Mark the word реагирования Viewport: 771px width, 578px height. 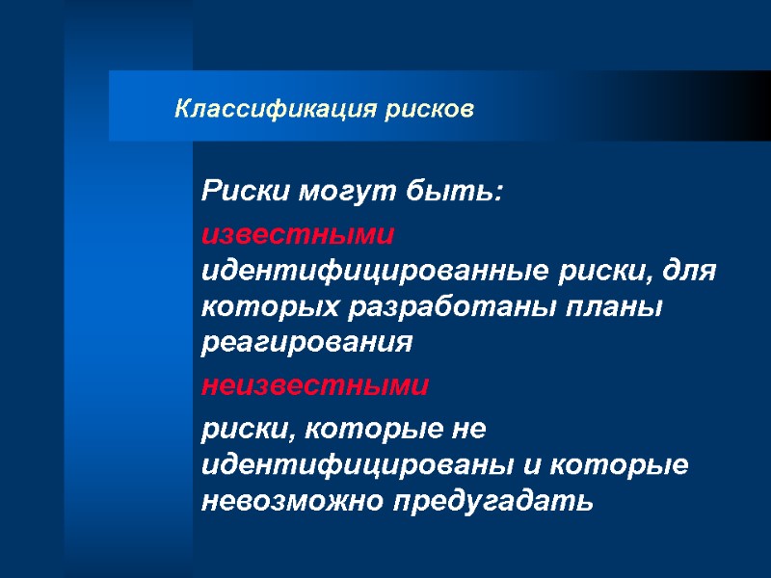click(306, 343)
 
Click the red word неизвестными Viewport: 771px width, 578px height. click(314, 386)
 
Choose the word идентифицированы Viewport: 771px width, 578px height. click(358, 464)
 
